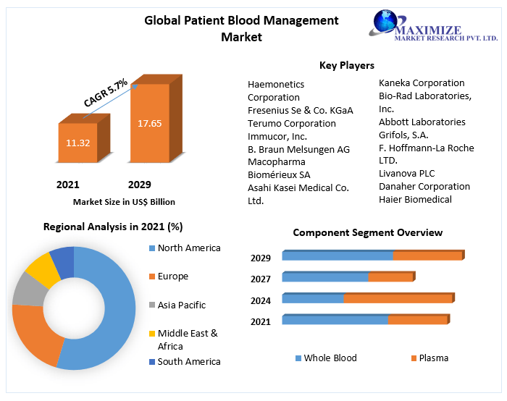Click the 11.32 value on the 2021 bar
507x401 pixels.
[x=77, y=143]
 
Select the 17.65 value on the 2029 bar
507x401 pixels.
[x=150, y=123]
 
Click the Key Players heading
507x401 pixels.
[x=346, y=66]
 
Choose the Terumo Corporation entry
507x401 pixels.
[x=291, y=123]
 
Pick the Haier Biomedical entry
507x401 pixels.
[x=415, y=199]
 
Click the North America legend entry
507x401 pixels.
[x=188, y=248]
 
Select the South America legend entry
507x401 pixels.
[x=188, y=361]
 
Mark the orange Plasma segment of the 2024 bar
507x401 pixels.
[x=398, y=298]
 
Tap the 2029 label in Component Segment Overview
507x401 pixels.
[x=261, y=258]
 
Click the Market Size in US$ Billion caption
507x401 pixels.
[x=124, y=202]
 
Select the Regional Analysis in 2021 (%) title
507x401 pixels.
[x=113, y=227]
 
